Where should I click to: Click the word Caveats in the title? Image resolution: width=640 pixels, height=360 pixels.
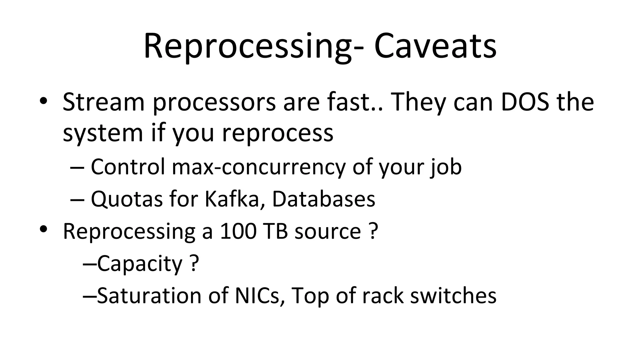435,46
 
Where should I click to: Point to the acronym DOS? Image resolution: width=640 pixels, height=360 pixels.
525,102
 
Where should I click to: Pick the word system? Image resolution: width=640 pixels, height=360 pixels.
103,133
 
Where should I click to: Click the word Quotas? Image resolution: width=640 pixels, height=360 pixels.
127,199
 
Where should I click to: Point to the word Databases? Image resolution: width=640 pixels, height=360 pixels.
323,199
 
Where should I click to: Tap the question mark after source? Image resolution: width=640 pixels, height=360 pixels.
372,231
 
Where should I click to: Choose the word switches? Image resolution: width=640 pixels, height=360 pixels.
453,296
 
